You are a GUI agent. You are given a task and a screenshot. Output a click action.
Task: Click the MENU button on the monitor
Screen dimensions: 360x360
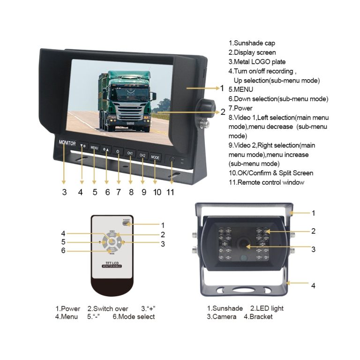coord(94,148)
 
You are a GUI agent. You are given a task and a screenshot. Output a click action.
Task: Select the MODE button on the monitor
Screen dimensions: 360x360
coord(155,157)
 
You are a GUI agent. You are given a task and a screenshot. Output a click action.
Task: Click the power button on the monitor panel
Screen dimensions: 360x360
coord(118,151)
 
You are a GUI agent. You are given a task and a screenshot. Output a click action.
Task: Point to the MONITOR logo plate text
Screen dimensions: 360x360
coord(67,142)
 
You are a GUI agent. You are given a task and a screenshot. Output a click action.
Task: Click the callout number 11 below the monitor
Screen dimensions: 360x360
coord(170,192)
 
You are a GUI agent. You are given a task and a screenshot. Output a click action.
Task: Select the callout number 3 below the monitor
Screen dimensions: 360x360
coord(64,192)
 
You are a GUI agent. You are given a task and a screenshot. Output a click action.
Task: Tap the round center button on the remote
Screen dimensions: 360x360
coord(112,242)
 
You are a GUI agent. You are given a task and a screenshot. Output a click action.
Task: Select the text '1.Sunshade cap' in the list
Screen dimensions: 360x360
coord(252,43)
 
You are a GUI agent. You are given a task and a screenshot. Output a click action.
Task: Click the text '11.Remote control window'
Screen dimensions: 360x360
coord(266,182)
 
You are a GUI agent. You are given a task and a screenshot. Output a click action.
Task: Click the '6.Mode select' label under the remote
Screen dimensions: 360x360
coord(134,316)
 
